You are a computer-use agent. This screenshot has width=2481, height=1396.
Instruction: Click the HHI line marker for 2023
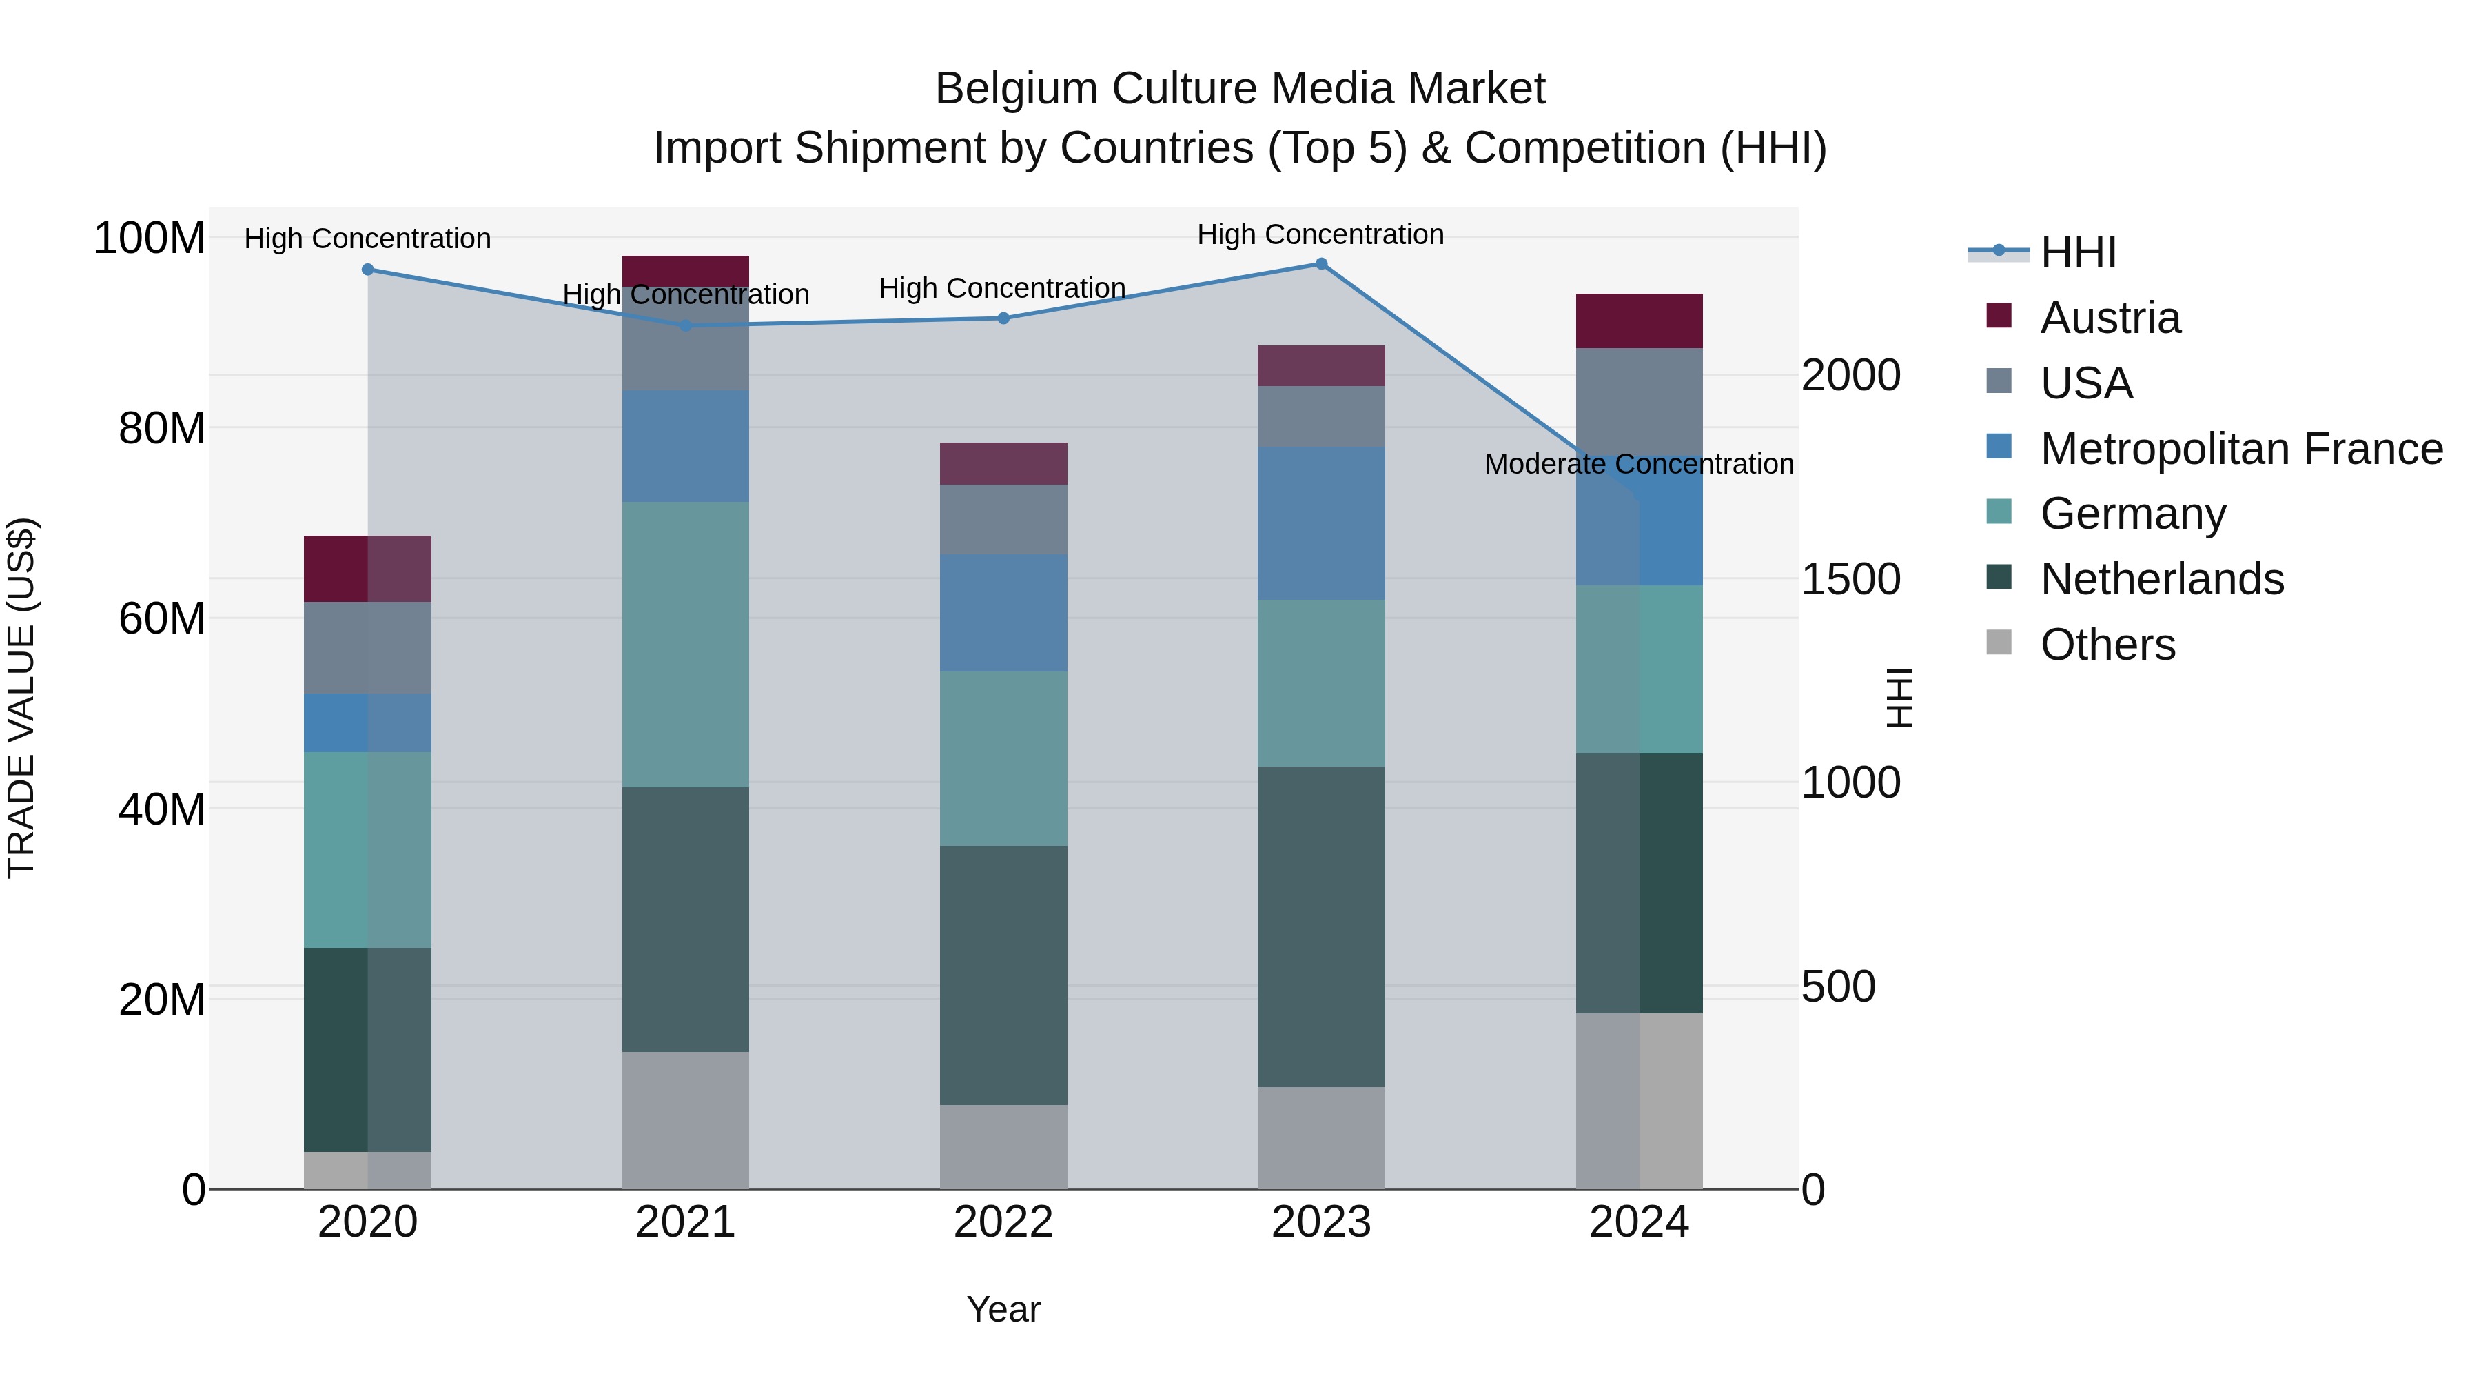click(1320, 264)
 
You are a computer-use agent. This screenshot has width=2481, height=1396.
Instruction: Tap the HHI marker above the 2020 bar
click(368, 270)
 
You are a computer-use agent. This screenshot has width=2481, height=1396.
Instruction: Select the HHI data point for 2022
click(1003, 319)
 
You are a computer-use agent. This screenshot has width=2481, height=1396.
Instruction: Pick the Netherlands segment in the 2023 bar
click(1320, 926)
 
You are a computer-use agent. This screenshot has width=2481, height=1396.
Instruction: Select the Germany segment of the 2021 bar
click(685, 644)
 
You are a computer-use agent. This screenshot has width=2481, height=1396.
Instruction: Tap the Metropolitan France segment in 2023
click(1320, 523)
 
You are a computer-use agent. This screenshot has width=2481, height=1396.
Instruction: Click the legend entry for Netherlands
click(2161, 580)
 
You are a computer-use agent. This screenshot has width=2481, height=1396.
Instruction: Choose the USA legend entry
click(2086, 383)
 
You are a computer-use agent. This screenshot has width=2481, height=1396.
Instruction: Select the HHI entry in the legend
click(2079, 252)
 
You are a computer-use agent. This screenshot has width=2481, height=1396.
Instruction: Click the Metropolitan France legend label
click(2240, 449)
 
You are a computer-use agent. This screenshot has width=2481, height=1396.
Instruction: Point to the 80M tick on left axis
click(162, 427)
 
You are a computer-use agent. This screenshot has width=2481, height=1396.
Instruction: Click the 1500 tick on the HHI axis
click(1850, 579)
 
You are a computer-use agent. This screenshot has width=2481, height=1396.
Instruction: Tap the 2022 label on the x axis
click(1003, 1222)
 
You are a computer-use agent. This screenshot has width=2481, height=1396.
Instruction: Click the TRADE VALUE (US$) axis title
click(21, 698)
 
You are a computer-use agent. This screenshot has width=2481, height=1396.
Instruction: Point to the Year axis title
click(1003, 1309)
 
